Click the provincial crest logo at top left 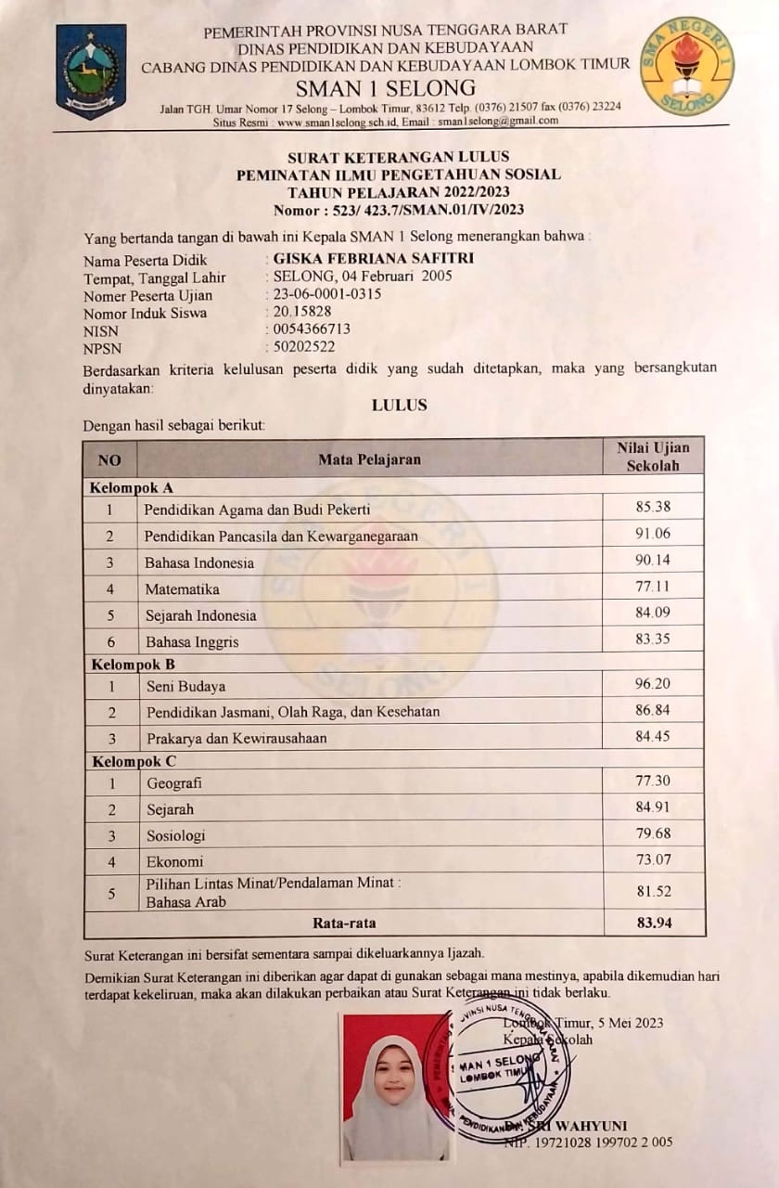point(91,71)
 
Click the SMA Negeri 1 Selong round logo point(686,66)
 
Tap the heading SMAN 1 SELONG point(385,89)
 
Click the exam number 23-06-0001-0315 point(327,294)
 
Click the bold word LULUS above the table point(399,405)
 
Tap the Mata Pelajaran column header point(369,458)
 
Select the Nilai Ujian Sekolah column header point(653,457)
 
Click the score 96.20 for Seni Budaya point(653,684)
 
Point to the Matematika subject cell point(182,588)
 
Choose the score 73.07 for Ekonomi point(653,859)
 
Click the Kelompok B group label point(133,664)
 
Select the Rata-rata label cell point(343,923)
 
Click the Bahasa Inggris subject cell point(192,641)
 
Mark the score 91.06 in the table point(653,534)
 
